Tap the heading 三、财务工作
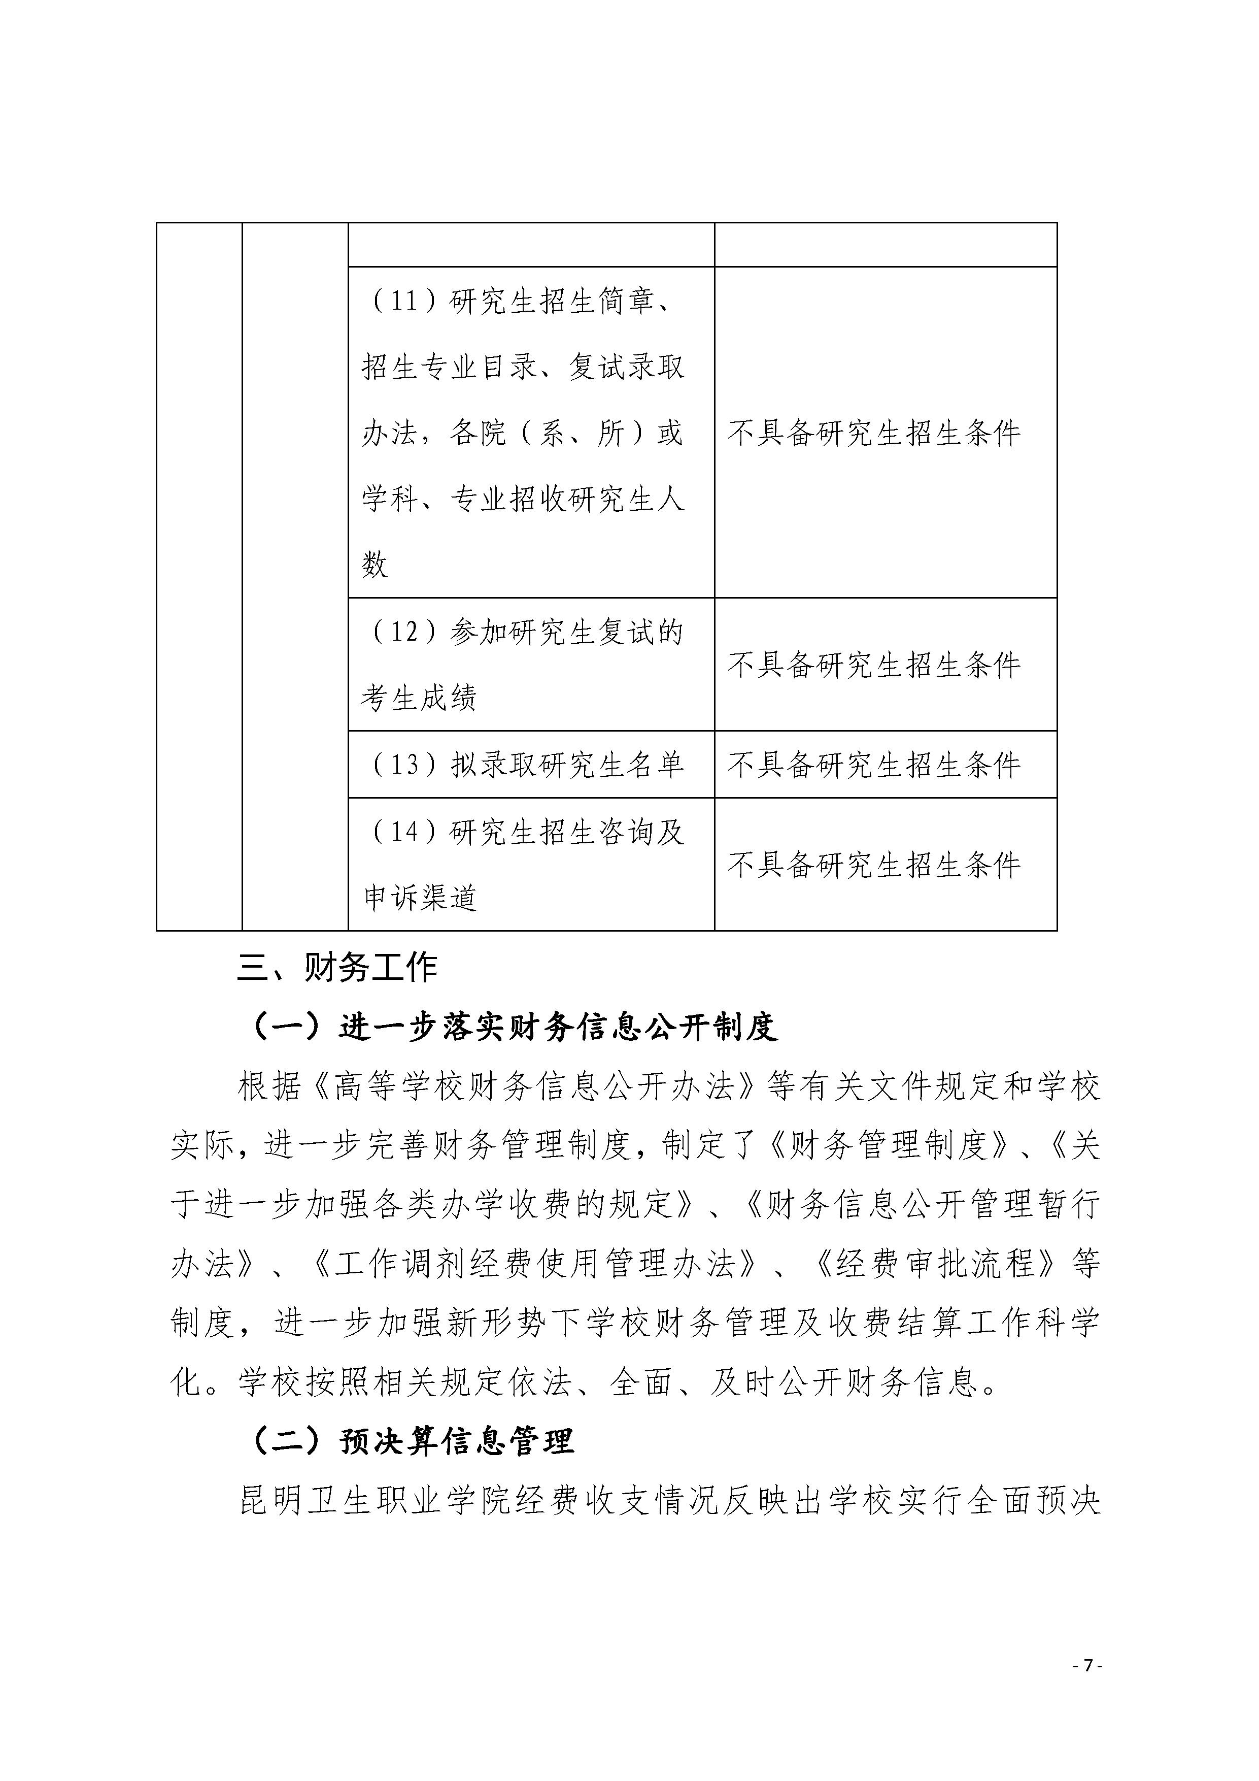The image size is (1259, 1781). point(337,967)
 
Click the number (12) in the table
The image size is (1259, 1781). point(402,632)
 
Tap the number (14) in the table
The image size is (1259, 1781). point(402,832)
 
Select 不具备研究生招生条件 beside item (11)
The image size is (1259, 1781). point(874,433)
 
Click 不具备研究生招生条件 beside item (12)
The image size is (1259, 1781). point(874,665)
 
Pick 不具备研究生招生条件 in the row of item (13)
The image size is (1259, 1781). point(874,765)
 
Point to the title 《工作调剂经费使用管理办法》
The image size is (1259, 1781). point(534,1264)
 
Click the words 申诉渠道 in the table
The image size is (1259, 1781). point(419,898)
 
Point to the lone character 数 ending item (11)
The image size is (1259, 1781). point(375,565)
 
